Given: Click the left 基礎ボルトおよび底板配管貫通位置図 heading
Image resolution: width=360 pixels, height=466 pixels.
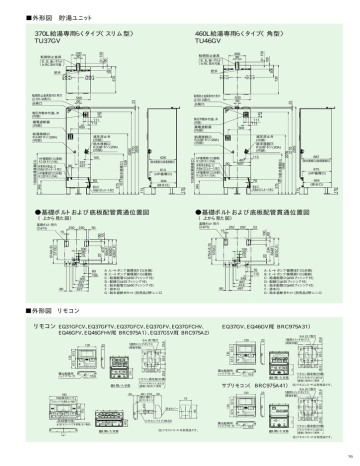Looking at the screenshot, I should [89, 213].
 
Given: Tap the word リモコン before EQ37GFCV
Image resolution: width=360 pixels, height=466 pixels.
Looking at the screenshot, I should [44, 327].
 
